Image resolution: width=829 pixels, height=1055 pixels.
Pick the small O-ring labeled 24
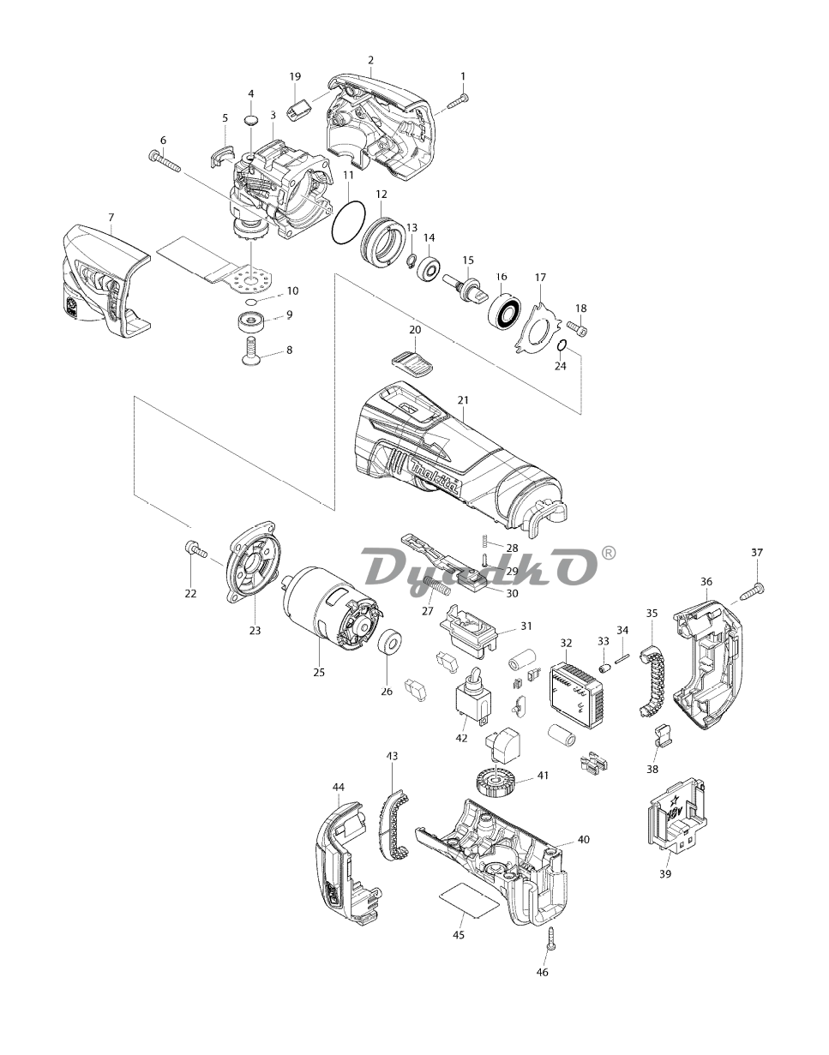coord(561,345)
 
